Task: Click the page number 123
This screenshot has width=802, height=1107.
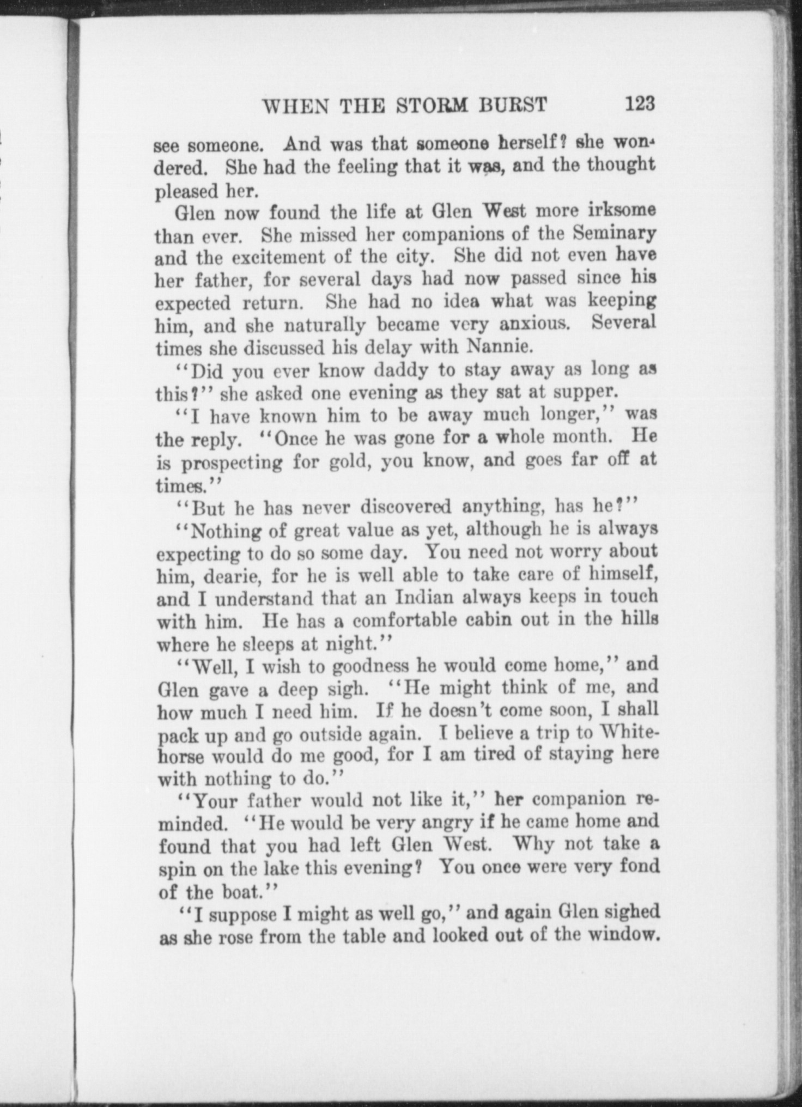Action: pos(640,103)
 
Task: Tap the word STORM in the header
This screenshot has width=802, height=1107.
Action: pos(431,105)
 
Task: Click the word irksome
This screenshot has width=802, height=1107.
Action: pos(622,210)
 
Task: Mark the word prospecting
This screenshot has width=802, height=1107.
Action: pos(232,463)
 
